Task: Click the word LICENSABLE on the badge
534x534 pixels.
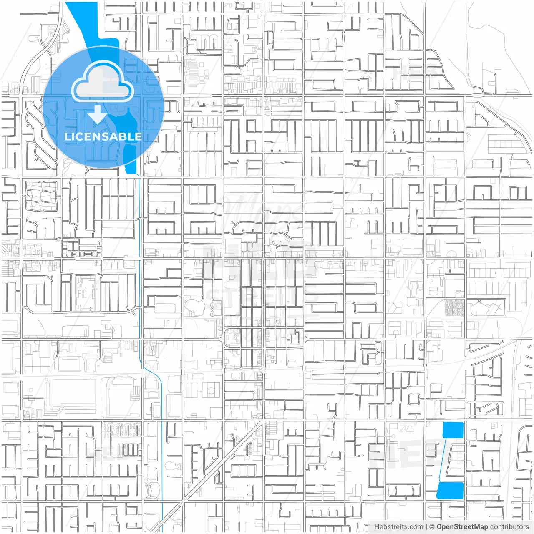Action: [x=103, y=136]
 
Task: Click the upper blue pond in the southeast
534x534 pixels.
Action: [x=453, y=430]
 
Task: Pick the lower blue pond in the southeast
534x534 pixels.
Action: [x=451, y=490]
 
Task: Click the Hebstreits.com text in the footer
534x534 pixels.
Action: [x=398, y=527]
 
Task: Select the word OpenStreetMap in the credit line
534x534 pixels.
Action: [x=462, y=527]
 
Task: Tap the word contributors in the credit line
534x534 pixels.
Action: [x=509, y=527]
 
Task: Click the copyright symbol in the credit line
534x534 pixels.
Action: [x=432, y=527]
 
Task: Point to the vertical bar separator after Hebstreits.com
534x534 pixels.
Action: [x=426, y=527]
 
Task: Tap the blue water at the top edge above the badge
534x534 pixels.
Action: [x=81, y=17]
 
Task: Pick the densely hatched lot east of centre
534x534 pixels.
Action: [x=455, y=308]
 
